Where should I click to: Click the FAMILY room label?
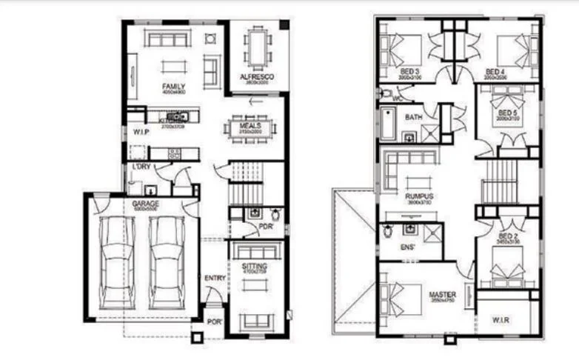pyautogui.click(x=174, y=87)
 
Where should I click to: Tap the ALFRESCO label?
pyautogui.click(x=256, y=77)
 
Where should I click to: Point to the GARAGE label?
pyautogui.click(x=146, y=204)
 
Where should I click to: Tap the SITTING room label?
pyautogui.click(x=255, y=267)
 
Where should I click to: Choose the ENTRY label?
pyautogui.click(x=214, y=279)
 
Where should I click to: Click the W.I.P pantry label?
pyautogui.click(x=141, y=132)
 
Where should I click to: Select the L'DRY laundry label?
pyautogui.click(x=141, y=167)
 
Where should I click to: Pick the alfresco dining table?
pyautogui.click(x=257, y=49)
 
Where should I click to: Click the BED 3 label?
pyautogui.click(x=409, y=72)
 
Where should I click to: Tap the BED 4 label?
pyautogui.click(x=495, y=72)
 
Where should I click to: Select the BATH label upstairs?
pyautogui.click(x=413, y=117)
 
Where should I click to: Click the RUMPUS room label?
pyautogui.click(x=419, y=196)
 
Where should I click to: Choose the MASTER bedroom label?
pyautogui.click(x=443, y=295)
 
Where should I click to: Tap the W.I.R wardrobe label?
pyautogui.click(x=501, y=320)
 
